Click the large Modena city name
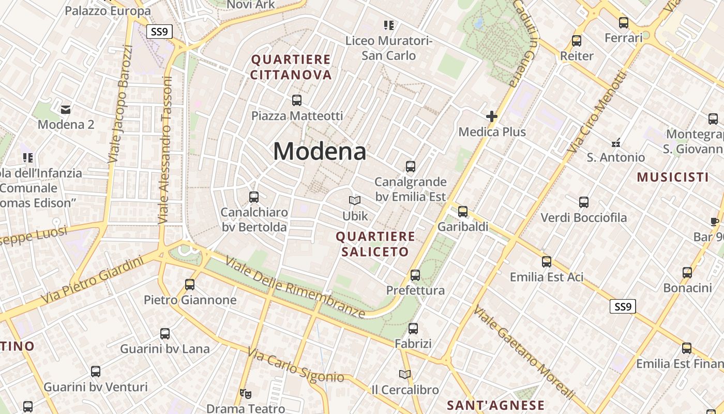point(320,151)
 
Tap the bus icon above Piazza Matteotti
point(297,100)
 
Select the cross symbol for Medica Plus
point(492,117)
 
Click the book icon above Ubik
point(355,201)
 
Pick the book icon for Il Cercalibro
point(405,374)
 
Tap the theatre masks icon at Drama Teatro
point(246,394)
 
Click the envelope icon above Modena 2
point(66,110)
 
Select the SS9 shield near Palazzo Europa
point(159,32)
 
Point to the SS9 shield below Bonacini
point(623,307)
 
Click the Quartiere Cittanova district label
point(291,67)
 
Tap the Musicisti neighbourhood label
point(672,178)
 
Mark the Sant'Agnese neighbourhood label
point(495,405)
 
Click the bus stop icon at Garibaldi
point(463,211)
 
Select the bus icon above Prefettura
point(415,275)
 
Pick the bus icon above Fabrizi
point(413,329)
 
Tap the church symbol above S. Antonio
point(616,142)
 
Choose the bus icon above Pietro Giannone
point(190,284)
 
